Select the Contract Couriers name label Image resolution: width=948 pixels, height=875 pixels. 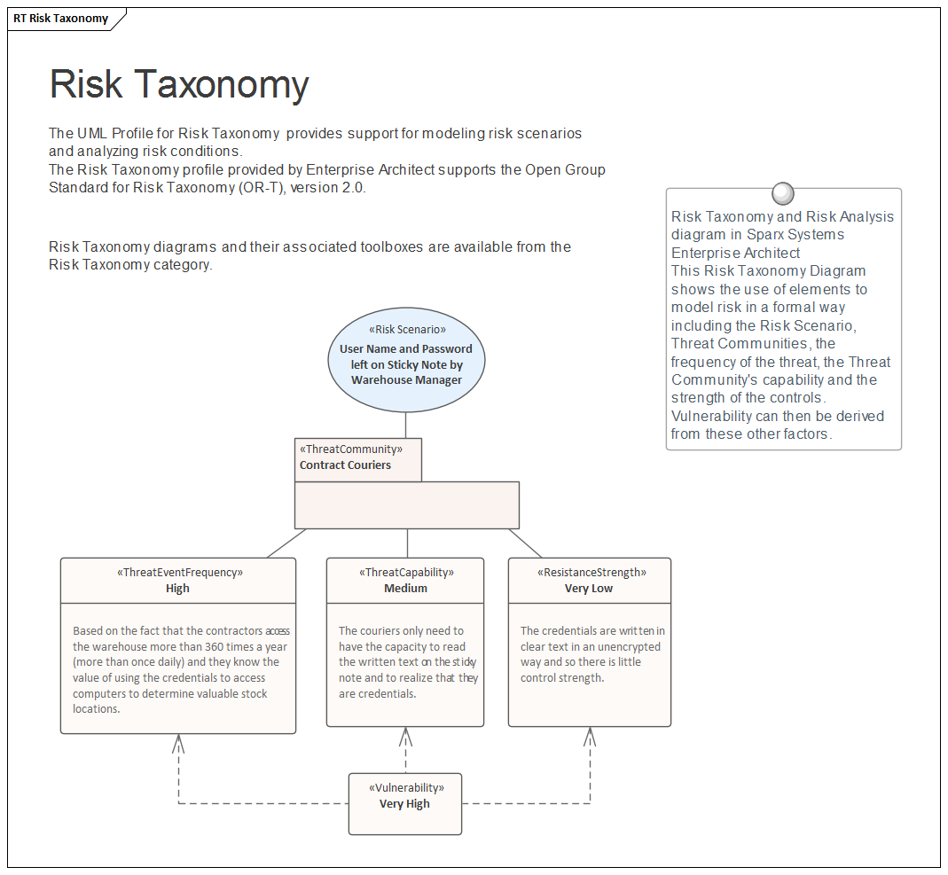(345, 465)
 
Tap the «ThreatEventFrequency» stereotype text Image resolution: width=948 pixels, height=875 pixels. (178, 573)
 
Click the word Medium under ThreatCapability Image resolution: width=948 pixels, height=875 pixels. (405, 589)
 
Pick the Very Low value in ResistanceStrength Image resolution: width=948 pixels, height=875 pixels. (589, 589)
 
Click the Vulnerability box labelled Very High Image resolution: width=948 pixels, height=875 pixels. (404, 804)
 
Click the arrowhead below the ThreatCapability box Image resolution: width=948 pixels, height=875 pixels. (405, 736)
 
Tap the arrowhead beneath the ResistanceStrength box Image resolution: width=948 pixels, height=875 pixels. (590, 736)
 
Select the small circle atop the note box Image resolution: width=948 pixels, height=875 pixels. (783, 193)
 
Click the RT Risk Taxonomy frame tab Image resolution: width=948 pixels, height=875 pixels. (61, 19)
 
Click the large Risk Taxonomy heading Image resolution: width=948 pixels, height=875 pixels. (179, 84)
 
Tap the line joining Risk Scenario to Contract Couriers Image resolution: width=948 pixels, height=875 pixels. (406, 426)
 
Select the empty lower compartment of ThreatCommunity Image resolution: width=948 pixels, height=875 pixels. (406, 505)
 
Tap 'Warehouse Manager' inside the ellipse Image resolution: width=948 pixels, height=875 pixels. (406, 380)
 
